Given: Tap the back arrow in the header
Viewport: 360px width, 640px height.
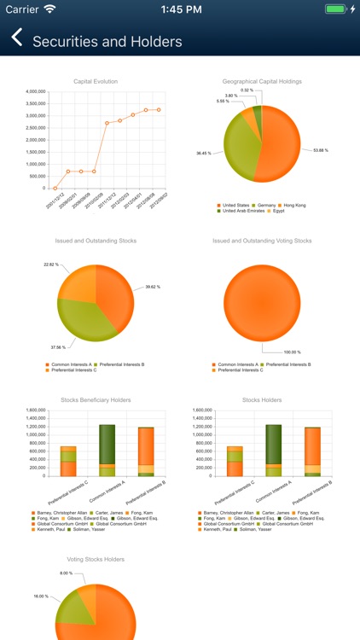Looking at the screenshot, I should pyautogui.click(x=16, y=38).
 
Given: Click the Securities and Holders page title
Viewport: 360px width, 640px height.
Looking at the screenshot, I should pyautogui.click(x=107, y=42).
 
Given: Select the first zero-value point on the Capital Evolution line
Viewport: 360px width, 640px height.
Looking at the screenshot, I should pyautogui.click(x=55, y=189).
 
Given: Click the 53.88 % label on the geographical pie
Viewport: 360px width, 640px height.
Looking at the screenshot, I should pyautogui.click(x=321, y=150).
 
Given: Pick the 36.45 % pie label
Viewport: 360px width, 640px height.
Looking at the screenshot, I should pyautogui.click(x=204, y=154).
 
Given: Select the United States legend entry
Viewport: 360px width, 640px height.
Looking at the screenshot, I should pyautogui.click(x=235, y=206).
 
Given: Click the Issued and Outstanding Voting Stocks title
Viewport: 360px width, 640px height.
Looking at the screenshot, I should pyautogui.click(x=262, y=241).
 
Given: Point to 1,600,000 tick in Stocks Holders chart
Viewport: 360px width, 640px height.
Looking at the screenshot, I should pyautogui.click(x=197, y=410).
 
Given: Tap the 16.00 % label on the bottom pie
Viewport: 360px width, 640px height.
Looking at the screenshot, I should pyautogui.click(x=42, y=596).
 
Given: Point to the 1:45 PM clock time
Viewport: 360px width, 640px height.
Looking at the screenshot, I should pyautogui.click(x=179, y=9).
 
